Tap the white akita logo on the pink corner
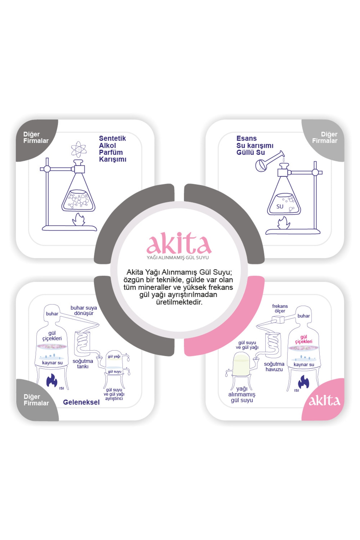pos(324,401)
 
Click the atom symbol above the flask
pos(79,149)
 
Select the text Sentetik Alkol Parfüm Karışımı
pos(112,149)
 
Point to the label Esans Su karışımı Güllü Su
pos(255,145)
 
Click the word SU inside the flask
pos(280,206)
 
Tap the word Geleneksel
pos(81,402)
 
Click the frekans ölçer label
pos(280,308)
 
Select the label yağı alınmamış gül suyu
pos(242,394)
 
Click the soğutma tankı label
pos(82,364)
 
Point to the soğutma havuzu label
pos(274,367)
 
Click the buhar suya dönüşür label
pos(84,310)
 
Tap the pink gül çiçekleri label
pos(304,339)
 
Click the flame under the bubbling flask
pos(79,220)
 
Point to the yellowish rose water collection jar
pos(241,364)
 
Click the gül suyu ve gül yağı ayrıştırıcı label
pos(114,394)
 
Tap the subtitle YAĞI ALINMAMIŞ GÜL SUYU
pos(178,258)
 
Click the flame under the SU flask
pos(283,223)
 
